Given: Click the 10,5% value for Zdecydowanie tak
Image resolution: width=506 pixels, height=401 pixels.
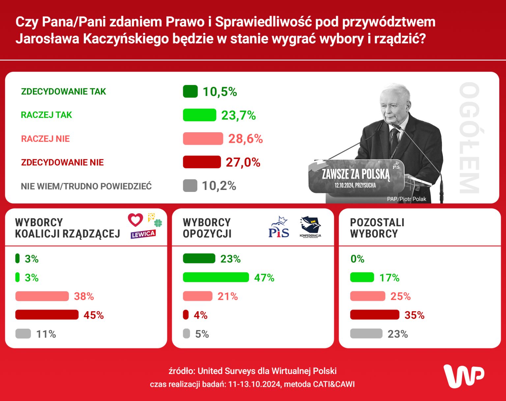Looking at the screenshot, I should click(220, 92).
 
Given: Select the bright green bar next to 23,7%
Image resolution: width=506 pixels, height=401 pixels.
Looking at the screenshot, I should click(199, 115).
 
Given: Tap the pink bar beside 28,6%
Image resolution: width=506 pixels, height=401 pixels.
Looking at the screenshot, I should click(203, 139).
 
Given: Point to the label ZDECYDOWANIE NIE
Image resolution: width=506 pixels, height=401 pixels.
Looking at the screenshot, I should click(62, 163).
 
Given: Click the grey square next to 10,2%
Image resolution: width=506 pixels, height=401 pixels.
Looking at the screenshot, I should click(190, 186).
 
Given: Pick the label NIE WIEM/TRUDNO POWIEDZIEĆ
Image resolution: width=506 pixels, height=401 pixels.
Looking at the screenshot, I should click(86, 186).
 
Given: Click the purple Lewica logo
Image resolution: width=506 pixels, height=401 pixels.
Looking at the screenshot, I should click(143, 234).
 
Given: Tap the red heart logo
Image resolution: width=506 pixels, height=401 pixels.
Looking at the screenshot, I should click(135, 220).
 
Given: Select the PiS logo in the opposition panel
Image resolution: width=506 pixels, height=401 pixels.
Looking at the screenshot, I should click(279, 228).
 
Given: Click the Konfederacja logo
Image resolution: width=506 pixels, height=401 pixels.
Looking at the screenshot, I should click(310, 227).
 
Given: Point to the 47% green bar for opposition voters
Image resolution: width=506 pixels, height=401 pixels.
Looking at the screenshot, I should click(216, 277).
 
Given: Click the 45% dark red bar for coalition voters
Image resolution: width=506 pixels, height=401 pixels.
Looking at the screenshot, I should click(47, 315).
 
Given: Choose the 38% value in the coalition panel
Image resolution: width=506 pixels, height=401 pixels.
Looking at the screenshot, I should click(84, 296).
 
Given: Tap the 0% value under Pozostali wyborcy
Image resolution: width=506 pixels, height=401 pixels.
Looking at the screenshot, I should click(357, 259).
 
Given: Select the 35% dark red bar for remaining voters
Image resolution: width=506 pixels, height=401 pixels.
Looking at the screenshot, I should click(375, 315).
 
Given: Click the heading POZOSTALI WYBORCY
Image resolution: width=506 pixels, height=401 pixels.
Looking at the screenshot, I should click(377, 228).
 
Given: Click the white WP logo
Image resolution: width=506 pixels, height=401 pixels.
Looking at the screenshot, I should click(464, 376).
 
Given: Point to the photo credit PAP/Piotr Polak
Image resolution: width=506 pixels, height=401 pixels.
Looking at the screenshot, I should click(407, 199).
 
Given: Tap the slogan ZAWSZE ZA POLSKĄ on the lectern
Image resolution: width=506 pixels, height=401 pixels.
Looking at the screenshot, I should click(355, 174).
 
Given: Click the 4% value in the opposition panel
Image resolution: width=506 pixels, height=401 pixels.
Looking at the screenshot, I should click(201, 315).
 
